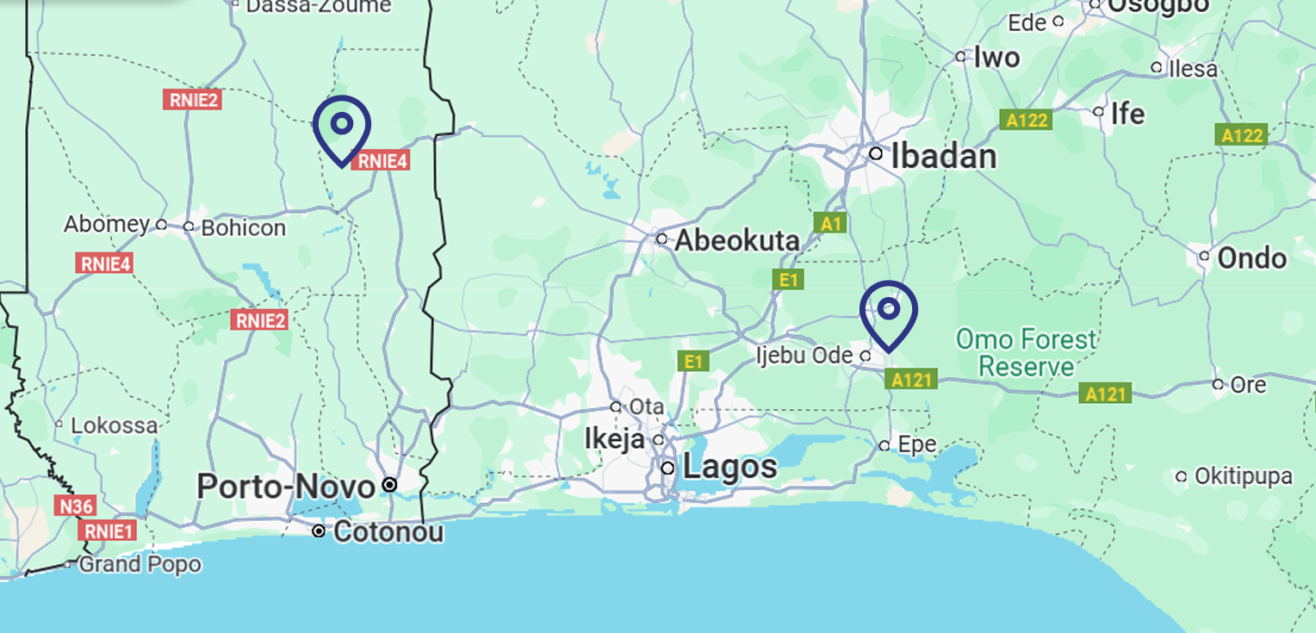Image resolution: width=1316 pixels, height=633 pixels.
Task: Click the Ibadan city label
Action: click(943, 157)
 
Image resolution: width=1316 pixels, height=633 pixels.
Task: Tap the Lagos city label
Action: click(730, 468)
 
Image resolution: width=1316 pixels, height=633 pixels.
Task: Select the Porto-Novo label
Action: click(286, 487)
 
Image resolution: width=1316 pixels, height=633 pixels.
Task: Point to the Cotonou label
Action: click(388, 532)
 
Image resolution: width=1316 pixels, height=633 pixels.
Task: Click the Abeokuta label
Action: click(737, 240)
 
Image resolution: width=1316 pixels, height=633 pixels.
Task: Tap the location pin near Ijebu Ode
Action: click(889, 310)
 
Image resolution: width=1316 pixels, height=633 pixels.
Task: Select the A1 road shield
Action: click(830, 224)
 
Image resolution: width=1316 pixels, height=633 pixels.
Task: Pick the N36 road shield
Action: click(77, 506)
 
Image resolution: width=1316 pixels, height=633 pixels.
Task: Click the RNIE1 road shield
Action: click(108, 531)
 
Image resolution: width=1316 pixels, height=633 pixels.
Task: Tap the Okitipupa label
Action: click(1245, 476)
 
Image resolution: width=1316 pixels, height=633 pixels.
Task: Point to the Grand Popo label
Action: click(140, 565)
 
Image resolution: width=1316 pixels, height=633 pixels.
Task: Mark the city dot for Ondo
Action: click(1205, 256)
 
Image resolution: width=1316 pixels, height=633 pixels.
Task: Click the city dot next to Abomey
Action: click(161, 225)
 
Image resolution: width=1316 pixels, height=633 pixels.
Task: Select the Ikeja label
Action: click(614, 439)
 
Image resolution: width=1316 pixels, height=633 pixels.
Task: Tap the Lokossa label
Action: click(115, 425)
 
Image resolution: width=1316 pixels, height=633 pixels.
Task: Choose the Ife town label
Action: click(1127, 114)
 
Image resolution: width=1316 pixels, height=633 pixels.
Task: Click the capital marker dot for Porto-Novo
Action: click(389, 485)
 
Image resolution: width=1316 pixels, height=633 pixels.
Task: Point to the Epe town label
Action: click(916, 445)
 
